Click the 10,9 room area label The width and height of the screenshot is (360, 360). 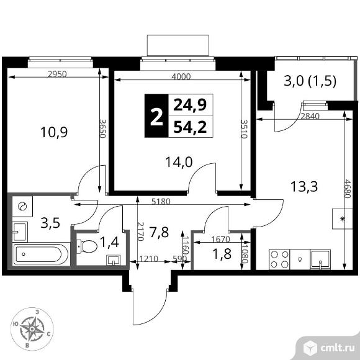[x=54, y=132]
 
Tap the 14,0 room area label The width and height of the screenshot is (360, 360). [x=179, y=163]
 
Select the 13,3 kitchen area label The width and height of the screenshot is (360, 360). [x=304, y=186]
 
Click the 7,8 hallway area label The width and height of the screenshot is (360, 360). [x=159, y=232]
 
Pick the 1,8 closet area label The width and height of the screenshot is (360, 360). [x=222, y=254]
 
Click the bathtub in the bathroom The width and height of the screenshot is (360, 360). [x=42, y=254]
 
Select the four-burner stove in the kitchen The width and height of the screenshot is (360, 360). [x=279, y=259]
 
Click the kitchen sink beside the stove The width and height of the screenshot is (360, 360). [x=320, y=259]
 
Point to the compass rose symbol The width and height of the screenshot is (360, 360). [x=32, y=329]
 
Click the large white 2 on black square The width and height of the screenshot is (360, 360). [x=156, y=117]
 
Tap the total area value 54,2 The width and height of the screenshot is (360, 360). [x=190, y=127]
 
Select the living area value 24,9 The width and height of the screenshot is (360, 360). [x=190, y=105]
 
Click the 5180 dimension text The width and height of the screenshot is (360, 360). [x=161, y=201]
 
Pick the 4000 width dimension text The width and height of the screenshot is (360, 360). [x=181, y=76]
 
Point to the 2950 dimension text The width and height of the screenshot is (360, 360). [x=57, y=74]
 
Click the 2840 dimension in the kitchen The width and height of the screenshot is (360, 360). [x=310, y=116]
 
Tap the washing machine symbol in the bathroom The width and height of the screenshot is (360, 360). [x=22, y=206]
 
